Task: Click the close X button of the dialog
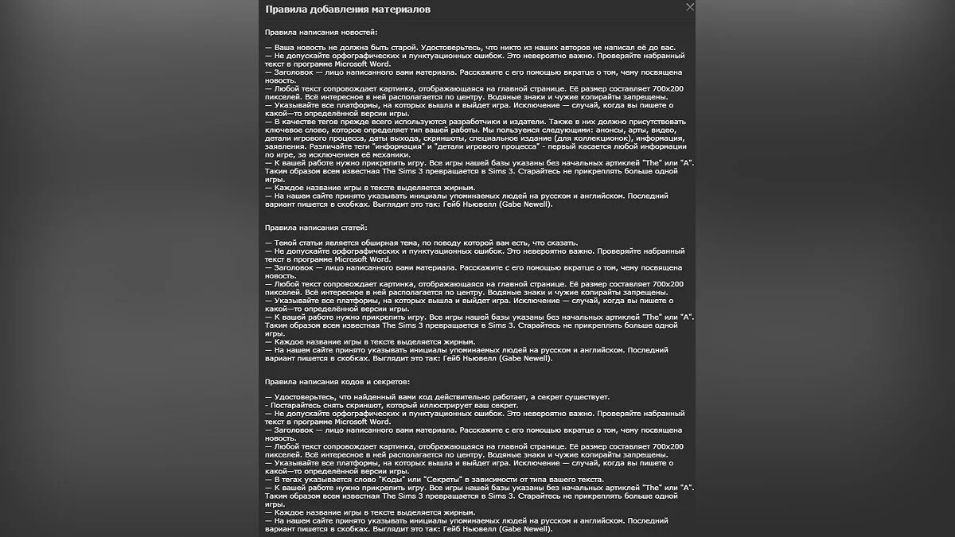coord(690,7)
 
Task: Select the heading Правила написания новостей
coord(322,32)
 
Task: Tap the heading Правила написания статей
coord(317,228)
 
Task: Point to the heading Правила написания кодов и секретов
coord(337,382)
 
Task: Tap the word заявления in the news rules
coord(284,146)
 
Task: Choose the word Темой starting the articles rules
coord(286,243)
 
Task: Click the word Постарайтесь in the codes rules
coord(297,405)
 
